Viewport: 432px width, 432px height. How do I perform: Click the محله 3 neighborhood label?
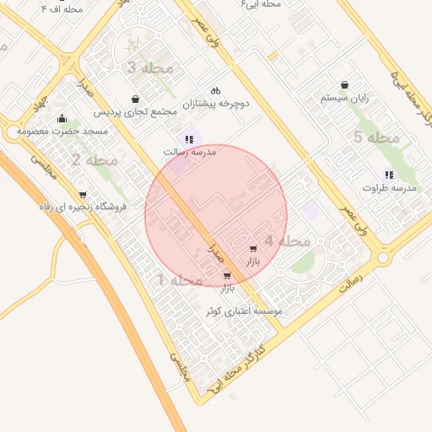[148, 67]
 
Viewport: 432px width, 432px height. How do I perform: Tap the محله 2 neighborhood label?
[94, 159]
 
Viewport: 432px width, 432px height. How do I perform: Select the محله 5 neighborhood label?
[376, 137]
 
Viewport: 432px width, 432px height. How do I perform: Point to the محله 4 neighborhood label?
[287, 241]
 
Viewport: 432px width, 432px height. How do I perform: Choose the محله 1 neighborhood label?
[180, 279]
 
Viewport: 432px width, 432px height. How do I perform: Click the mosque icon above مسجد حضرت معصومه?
[62, 118]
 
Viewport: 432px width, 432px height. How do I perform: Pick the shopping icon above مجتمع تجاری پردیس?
[135, 99]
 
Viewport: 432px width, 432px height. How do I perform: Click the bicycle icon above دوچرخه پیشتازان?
[215, 90]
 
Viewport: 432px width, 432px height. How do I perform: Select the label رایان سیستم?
[345, 98]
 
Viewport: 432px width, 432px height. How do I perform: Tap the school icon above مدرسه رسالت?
[189, 139]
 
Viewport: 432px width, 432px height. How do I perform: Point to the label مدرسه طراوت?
[390, 188]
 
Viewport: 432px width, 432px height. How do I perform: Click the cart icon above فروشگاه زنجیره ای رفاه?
[82, 194]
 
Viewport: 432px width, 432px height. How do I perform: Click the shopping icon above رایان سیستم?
[345, 84]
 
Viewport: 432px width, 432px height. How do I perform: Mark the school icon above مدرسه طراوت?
[389, 175]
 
